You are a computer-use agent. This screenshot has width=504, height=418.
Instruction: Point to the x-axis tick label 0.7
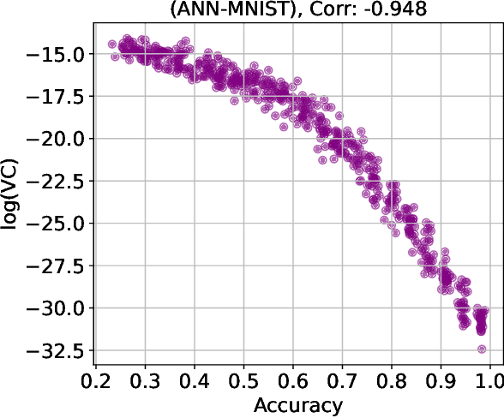(x=342, y=379)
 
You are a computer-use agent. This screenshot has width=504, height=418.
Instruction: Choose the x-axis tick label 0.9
(x=441, y=379)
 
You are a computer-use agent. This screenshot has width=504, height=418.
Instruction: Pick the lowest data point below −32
(x=483, y=349)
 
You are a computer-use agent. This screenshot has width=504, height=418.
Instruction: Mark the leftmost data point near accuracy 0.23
(x=112, y=45)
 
